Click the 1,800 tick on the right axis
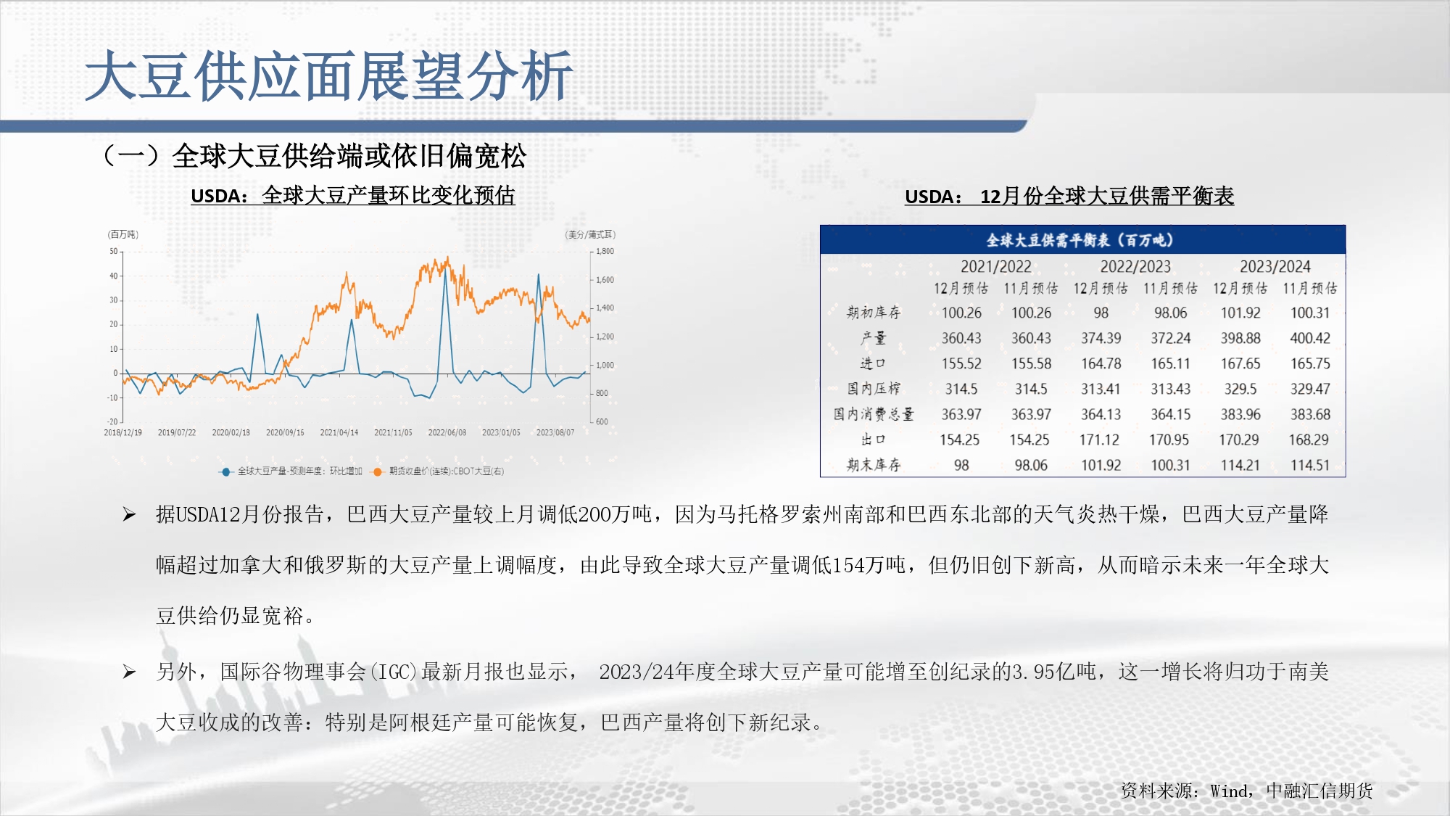605,251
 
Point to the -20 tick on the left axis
112,421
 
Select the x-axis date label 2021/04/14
339,432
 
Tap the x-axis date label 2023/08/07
555,432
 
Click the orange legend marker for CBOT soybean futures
377,471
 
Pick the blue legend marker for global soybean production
225,471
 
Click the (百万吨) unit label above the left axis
123,234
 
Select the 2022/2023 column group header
1135,266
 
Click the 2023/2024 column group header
1275,266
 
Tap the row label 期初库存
874,313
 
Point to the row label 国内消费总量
874,414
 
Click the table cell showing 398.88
1240,338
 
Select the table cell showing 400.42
1310,338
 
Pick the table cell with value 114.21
1240,465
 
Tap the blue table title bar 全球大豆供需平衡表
1082,240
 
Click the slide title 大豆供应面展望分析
329,75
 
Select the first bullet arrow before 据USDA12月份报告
130,515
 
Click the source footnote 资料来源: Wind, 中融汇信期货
1247,791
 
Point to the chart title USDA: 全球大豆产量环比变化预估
353,195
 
